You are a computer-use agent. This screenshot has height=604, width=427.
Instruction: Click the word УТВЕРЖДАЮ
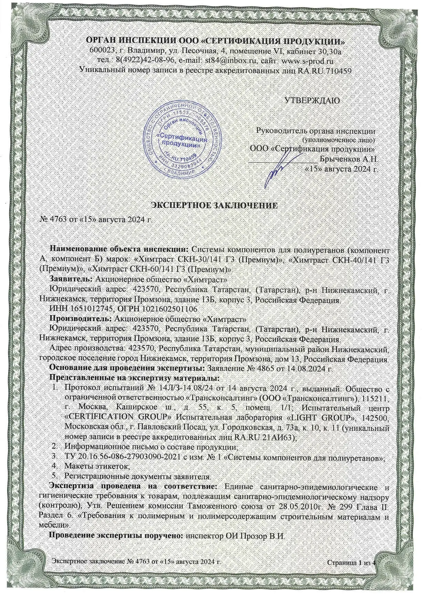[x=312, y=100]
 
